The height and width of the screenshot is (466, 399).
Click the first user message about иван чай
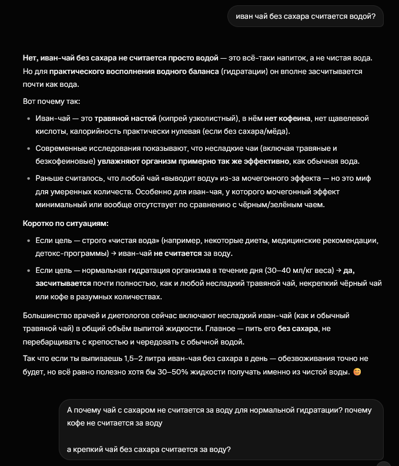305,16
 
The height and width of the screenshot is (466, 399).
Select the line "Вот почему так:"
52,101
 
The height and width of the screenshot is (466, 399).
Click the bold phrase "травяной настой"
123,118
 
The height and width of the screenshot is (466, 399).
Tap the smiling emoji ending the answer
357,372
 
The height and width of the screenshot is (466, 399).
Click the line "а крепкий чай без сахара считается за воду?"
149,450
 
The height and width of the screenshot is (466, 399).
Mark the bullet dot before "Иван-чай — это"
28,118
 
